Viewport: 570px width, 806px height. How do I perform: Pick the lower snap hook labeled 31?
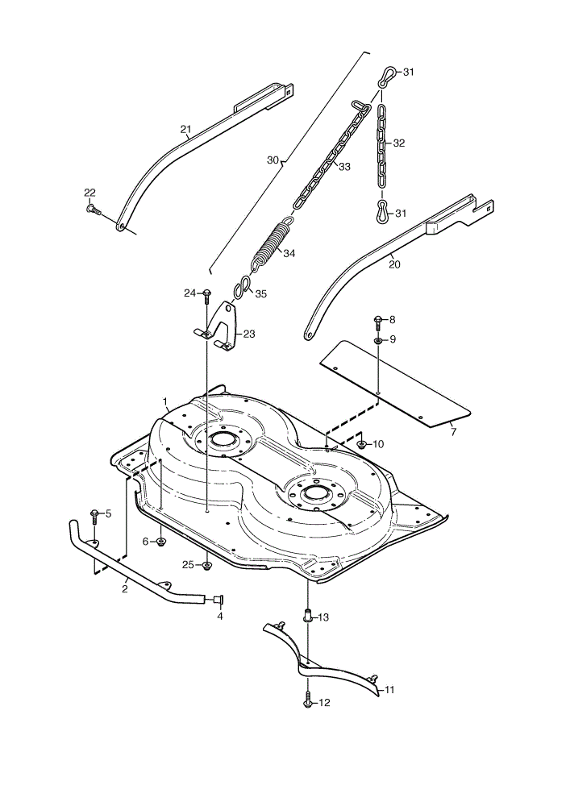coord(383,212)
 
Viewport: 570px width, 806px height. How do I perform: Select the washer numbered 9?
coord(378,340)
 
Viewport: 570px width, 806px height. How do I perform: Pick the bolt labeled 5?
coord(94,516)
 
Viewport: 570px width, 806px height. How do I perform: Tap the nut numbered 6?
coord(160,542)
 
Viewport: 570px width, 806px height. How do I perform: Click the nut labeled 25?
coord(206,566)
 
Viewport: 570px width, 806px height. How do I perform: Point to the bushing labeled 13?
coord(307,616)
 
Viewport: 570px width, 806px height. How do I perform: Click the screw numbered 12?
coord(307,701)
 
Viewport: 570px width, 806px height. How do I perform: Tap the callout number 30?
coord(273,160)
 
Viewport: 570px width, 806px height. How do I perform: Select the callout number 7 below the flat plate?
coord(453,432)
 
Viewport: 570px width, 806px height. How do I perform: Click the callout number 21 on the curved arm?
coord(185,128)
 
